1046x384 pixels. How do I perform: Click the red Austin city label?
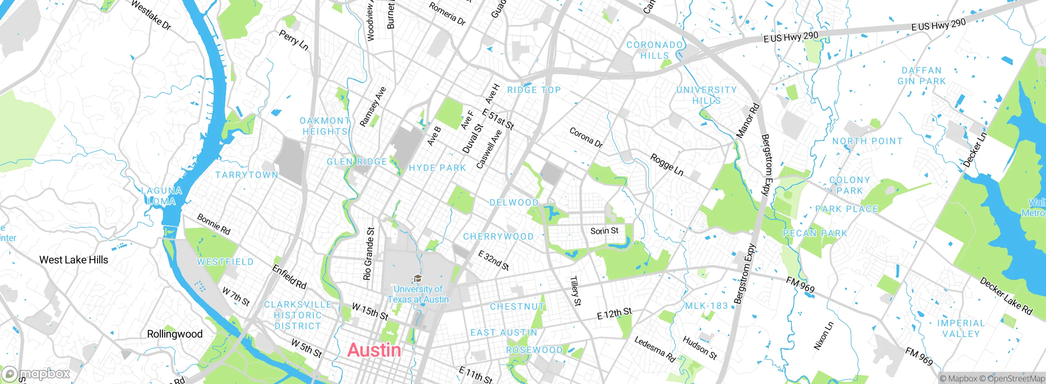pyautogui.click(x=374, y=350)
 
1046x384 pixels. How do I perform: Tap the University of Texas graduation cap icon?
pyautogui.click(x=417, y=279)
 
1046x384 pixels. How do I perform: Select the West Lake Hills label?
pyautogui.click(x=74, y=260)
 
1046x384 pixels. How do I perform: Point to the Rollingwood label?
pyautogui.click(x=174, y=334)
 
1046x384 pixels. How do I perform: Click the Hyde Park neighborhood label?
pyautogui.click(x=437, y=168)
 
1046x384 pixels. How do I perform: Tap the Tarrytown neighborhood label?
pyautogui.click(x=247, y=175)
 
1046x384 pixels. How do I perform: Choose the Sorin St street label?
pyautogui.click(x=604, y=231)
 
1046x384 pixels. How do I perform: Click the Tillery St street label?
pyautogui.click(x=575, y=291)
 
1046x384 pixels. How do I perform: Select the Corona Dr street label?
pyautogui.click(x=586, y=138)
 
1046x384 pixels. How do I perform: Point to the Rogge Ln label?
pyautogui.click(x=666, y=165)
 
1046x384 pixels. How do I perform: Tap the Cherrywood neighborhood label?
pyautogui.click(x=498, y=237)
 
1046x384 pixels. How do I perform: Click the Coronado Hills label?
pyautogui.click(x=655, y=50)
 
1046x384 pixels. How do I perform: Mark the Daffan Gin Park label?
pyautogui.click(x=921, y=76)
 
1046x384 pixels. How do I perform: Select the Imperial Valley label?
pyautogui.click(x=961, y=328)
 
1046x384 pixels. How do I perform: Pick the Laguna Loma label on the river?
pyautogui.click(x=161, y=196)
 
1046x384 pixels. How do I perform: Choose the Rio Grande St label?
pyautogui.click(x=369, y=254)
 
